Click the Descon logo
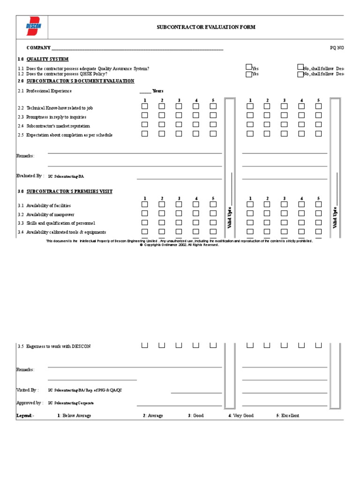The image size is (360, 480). point(33,27)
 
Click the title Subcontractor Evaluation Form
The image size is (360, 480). point(206,27)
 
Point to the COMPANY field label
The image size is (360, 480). point(38,48)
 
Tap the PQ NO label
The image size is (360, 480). point(337,48)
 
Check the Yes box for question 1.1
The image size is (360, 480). point(249,67)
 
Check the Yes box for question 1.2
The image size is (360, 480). point(249,74)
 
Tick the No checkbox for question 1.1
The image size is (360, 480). point(300,67)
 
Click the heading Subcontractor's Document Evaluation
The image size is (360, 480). point(80,81)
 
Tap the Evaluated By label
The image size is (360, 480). point(30,176)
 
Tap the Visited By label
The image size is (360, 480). point(28,390)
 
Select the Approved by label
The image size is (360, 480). point(30,403)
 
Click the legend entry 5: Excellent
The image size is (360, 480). point(288,416)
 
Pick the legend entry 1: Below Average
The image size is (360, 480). point(74,416)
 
